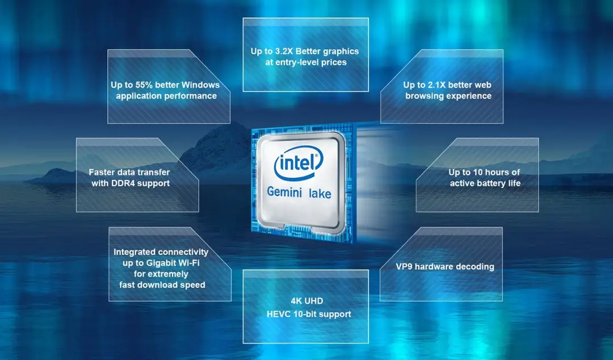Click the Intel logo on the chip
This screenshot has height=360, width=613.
299,163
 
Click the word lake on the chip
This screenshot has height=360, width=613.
320,193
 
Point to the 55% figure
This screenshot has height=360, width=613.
143,85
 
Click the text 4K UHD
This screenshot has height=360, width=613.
307,301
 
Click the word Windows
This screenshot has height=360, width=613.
200,85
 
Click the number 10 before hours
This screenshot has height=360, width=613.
478,172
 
